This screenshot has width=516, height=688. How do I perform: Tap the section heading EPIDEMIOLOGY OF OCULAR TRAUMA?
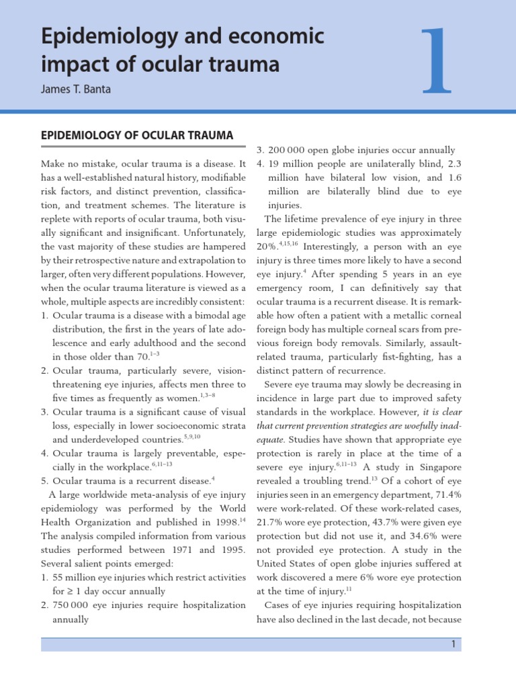pyautogui.click(x=137, y=136)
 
